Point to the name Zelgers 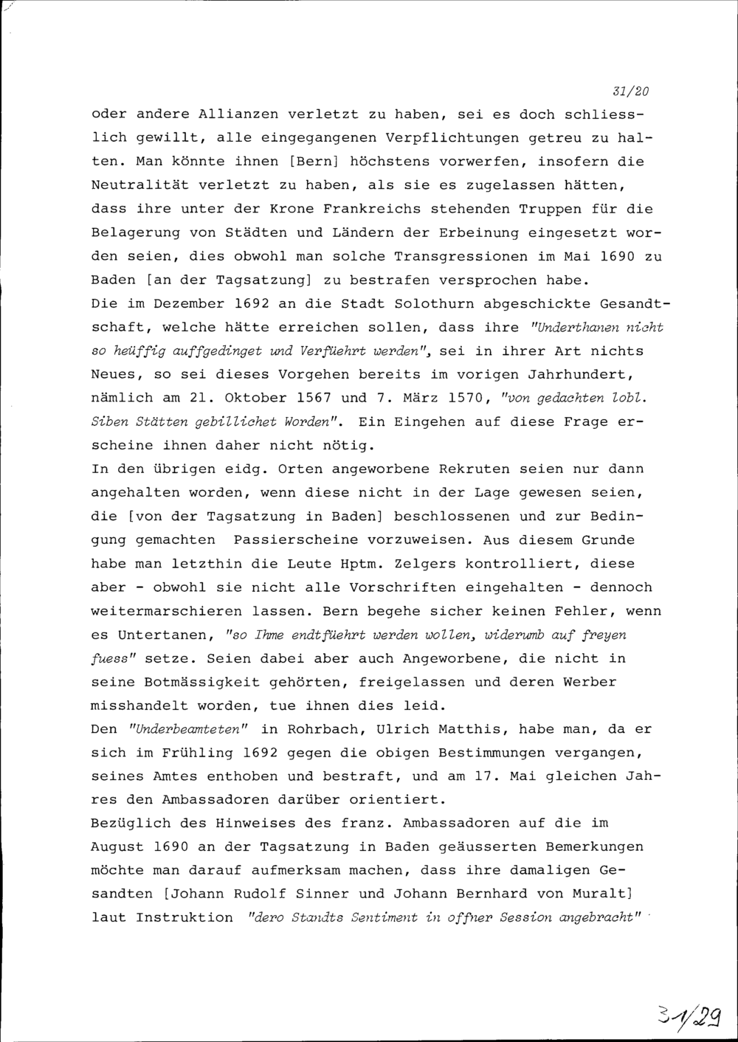(x=421, y=564)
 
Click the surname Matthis (x=469, y=729)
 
